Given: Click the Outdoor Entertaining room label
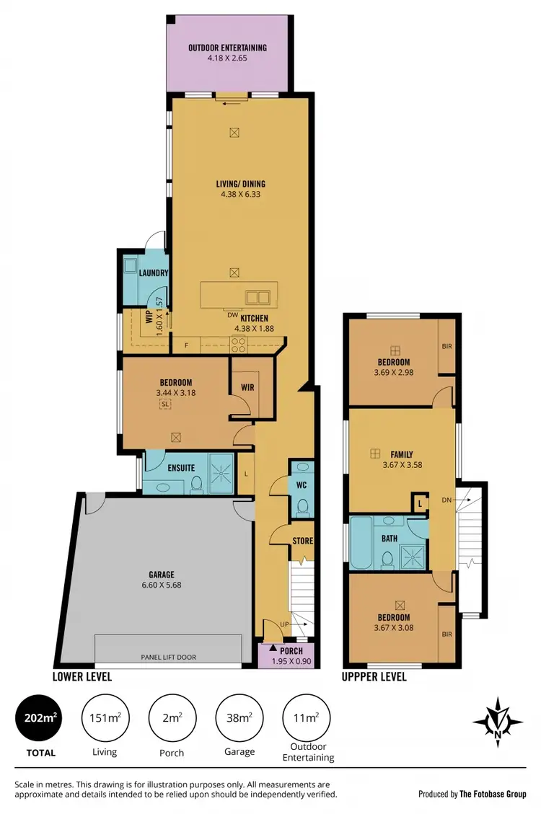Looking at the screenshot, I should pos(228,48).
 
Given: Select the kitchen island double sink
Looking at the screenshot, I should pos(257,296).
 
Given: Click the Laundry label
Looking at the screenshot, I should pos(154,273).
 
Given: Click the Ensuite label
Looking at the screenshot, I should pos(180,468).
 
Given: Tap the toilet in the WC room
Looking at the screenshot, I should pos(302,505).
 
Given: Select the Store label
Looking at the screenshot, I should pos(303,540).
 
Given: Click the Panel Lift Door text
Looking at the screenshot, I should pos(169,658).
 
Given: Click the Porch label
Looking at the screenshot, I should pos(292,651).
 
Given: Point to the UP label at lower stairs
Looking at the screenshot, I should pos(286,624).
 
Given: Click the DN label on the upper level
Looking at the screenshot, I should pos(447,499).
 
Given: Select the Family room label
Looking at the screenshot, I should pos(402,455).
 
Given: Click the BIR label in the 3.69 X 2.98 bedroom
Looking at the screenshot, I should pos(447,347).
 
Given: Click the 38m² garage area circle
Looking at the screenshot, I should pos(239,717).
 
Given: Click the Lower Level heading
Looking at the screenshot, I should pos(82,677).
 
